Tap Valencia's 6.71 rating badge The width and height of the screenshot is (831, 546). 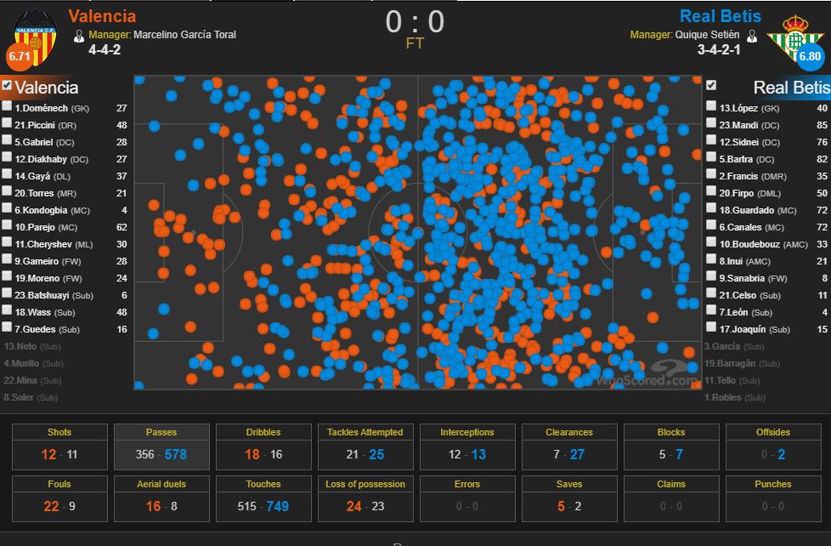[19, 55]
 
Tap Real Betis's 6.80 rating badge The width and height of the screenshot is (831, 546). [810, 56]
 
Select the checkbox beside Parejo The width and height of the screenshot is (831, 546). [7, 227]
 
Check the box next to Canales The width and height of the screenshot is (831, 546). [711, 227]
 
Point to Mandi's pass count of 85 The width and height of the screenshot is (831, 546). [821, 125]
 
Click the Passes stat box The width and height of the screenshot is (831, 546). [161, 445]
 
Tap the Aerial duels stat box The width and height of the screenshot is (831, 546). [161, 496]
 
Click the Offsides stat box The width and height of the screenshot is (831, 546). [773, 445]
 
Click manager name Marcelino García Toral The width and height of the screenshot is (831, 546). [184, 35]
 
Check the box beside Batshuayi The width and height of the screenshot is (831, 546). [7, 295]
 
